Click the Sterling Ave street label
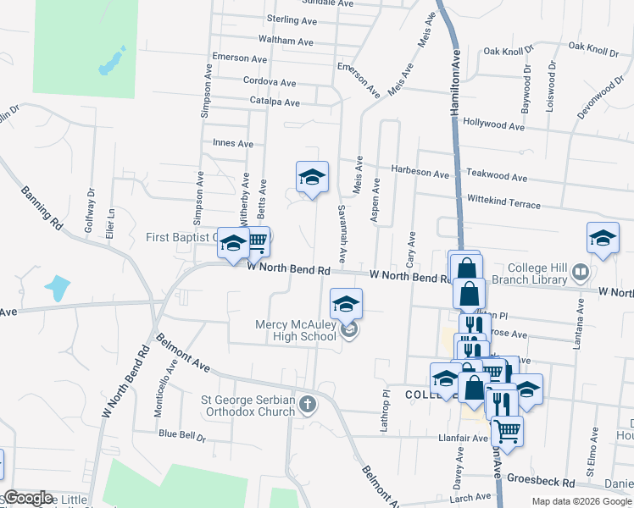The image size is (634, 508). click(x=290, y=19)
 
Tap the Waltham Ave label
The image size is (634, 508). click(x=287, y=41)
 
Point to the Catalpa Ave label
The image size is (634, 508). click(x=275, y=102)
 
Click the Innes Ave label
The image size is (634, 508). click(x=233, y=144)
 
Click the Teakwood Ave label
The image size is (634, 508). click(x=497, y=179)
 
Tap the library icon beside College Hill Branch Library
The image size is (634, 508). click(x=581, y=273)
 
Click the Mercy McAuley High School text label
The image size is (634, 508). click(x=296, y=331)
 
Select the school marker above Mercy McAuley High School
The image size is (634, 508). click(x=346, y=303)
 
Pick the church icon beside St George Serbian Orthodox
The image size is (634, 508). click(x=308, y=405)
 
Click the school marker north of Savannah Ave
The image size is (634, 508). click(x=312, y=176)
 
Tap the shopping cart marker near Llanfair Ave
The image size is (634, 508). click(x=507, y=430)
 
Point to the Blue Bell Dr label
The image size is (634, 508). click(x=182, y=435)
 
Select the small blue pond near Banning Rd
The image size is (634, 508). click(x=57, y=288)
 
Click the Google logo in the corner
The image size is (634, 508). click(x=28, y=498)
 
